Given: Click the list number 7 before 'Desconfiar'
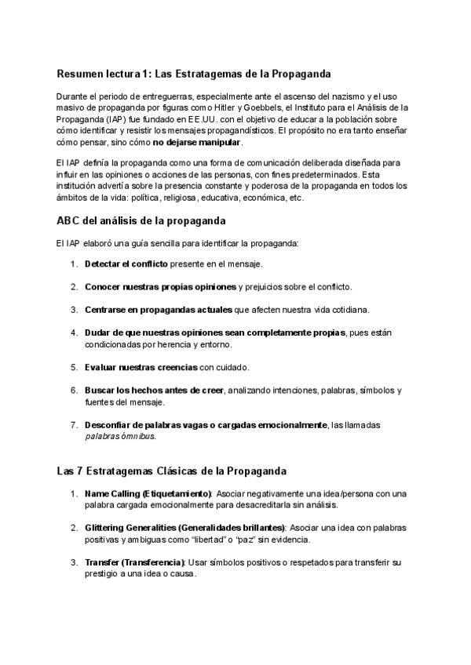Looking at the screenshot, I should point(74,424).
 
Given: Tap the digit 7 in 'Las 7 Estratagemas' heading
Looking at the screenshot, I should point(82,471).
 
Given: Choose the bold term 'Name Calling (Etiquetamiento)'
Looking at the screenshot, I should point(148,493).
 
